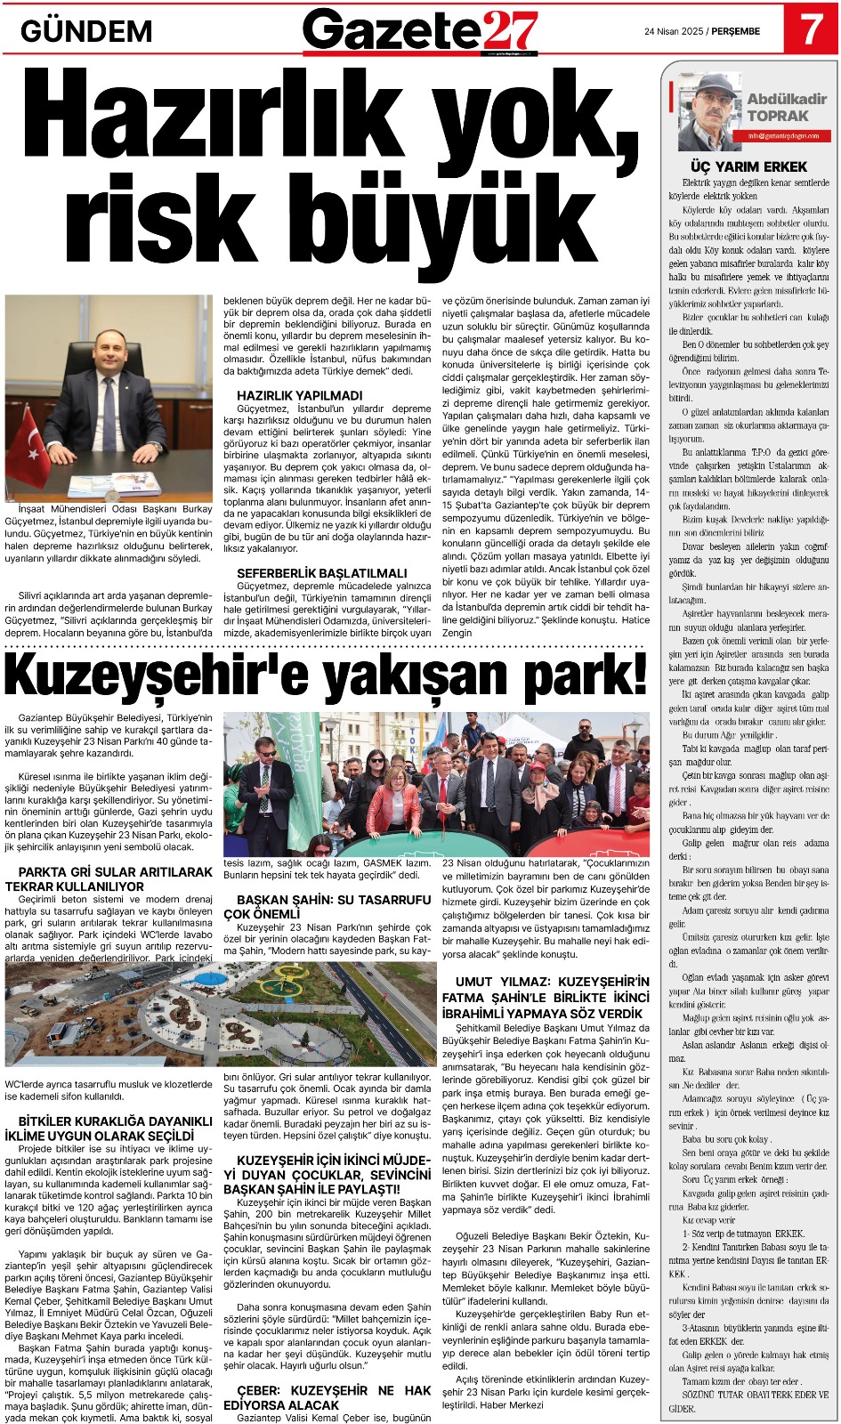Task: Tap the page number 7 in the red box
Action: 810,29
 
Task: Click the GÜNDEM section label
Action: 86,32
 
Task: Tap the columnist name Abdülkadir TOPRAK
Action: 786,108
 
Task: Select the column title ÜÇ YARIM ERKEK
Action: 748,166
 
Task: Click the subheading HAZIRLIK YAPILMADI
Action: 299,395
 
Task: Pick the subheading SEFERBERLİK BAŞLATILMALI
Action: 321,573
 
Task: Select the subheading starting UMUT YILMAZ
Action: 546,997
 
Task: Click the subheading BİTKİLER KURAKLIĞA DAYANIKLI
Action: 109,1129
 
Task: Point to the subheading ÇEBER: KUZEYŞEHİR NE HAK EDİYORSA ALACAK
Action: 334,1397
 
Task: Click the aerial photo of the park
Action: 220,1013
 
